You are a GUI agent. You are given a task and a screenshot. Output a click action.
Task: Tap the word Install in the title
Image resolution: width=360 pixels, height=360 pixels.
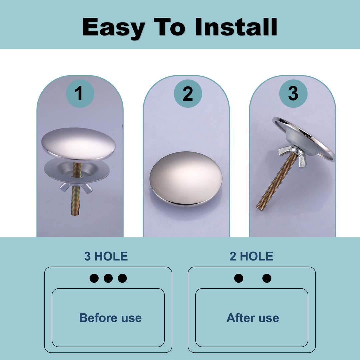pyautogui.click(x=236, y=27)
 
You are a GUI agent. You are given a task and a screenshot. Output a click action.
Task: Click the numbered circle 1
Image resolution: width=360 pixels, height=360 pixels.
pyautogui.click(x=80, y=93)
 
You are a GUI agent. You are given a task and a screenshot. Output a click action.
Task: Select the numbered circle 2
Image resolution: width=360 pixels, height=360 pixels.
pyautogui.click(x=188, y=93)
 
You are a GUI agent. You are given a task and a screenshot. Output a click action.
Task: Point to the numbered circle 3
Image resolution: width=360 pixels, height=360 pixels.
pyautogui.click(x=293, y=93)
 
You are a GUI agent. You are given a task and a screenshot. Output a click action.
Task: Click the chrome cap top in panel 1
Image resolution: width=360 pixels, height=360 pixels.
pyautogui.click(x=78, y=144)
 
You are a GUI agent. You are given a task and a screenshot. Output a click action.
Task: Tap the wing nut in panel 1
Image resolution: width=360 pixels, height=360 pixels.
pyautogui.click(x=76, y=187)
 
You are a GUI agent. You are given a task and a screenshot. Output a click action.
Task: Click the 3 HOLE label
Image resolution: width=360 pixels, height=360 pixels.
pyautogui.click(x=106, y=256)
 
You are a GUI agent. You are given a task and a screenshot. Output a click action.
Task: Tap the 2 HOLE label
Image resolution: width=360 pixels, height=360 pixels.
pyautogui.click(x=251, y=256)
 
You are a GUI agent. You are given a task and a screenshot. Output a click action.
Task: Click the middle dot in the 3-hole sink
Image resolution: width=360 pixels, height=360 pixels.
pyautogui.click(x=108, y=278)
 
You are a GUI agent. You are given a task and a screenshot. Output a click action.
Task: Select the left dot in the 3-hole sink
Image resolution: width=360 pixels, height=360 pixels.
pyautogui.click(x=94, y=278)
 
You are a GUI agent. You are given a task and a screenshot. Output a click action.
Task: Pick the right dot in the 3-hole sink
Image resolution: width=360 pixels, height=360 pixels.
pyautogui.click(x=122, y=278)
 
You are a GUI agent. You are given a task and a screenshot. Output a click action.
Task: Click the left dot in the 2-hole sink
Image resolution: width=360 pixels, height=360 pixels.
pyautogui.click(x=239, y=278)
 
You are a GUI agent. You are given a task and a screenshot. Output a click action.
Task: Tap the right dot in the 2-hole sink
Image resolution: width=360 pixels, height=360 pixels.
pyautogui.click(x=267, y=278)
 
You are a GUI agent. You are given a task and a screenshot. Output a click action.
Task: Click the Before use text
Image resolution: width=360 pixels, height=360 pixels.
pyautogui.click(x=110, y=318)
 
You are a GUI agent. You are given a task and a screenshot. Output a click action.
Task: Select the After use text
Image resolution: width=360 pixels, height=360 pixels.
pyautogui.click(x=253, y=318)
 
